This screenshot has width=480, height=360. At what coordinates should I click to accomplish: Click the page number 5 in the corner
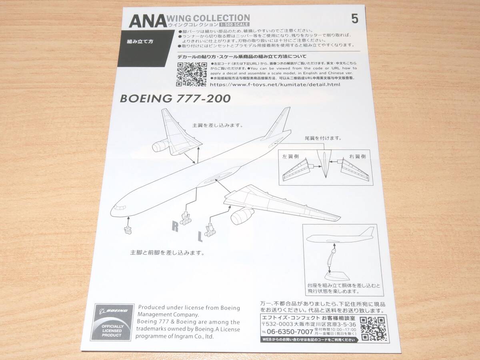[354, 19]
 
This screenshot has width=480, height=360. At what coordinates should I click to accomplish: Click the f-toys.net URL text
[274, 85]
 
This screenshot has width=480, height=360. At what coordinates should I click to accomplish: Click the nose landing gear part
[128, 229]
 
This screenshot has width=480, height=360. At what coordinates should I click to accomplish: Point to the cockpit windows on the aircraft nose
[118, 207]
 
